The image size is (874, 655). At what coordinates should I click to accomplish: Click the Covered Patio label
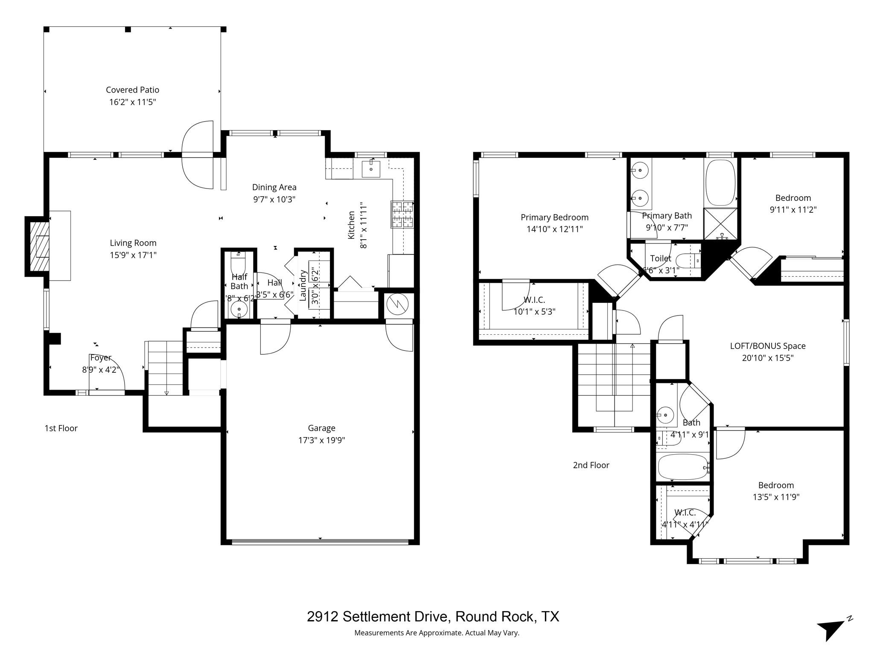pyautogui.click(x=132, y=90)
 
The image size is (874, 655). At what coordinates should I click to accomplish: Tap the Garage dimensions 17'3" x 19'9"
pyautogui.click(x=321, y=440)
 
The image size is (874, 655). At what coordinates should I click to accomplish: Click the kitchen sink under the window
pyautogui.click(x=371, y=169)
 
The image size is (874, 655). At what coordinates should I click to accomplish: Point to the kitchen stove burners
pyautogui.click(x=402, y=214)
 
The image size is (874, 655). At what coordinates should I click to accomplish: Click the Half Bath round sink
pyautogui.click(x=239, y=309)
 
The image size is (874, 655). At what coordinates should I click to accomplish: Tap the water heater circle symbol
pyautogui.click(x=397, y=304)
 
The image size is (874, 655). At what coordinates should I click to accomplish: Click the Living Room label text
pyautogui.click(x=133, y=243)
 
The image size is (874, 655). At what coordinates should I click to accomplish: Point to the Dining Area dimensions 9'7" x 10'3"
pyautogui.click(x=274, y=199)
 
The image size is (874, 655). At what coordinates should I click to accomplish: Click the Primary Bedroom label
pyautogui.click(x=554, y=217)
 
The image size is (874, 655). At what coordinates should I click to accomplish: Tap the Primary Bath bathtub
pyautogui.click(x=720, y=183)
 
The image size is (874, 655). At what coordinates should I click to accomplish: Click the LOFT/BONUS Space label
pyautogui.click(x=767, y=346)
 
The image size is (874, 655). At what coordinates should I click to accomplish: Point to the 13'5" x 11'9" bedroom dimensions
pyautogui.click(x=776, y=497)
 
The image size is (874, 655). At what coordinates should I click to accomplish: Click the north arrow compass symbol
pyautogui.click(x=832, y=629)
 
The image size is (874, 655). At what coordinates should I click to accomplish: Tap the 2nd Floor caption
pyautogui.click(x=591, y=465)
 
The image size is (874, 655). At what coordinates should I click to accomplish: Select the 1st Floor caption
pyautogui.click(x=61, y=428)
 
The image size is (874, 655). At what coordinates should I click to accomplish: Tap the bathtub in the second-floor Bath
pyautogui.click(x=682, y=467)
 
